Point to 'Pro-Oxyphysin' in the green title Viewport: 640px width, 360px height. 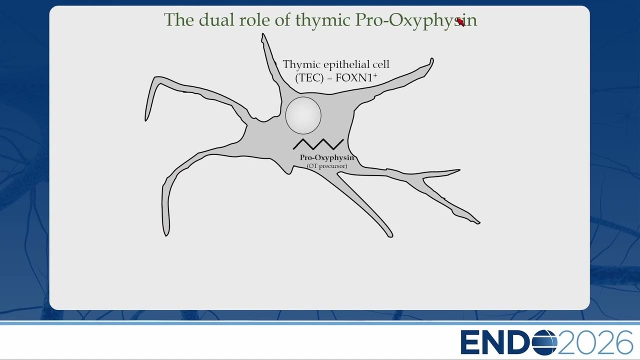(416, 20)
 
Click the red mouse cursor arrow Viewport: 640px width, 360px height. (460, 22)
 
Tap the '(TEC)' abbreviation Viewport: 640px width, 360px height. (309, 77)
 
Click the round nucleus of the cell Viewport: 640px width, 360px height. (303, 115)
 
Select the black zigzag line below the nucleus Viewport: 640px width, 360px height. (318, 144)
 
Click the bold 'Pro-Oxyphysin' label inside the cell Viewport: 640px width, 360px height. (327, 157)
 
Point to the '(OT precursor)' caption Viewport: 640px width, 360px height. (327, 166)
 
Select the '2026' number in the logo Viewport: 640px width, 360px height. (595, 342)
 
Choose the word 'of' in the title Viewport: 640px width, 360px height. (282, 19)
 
